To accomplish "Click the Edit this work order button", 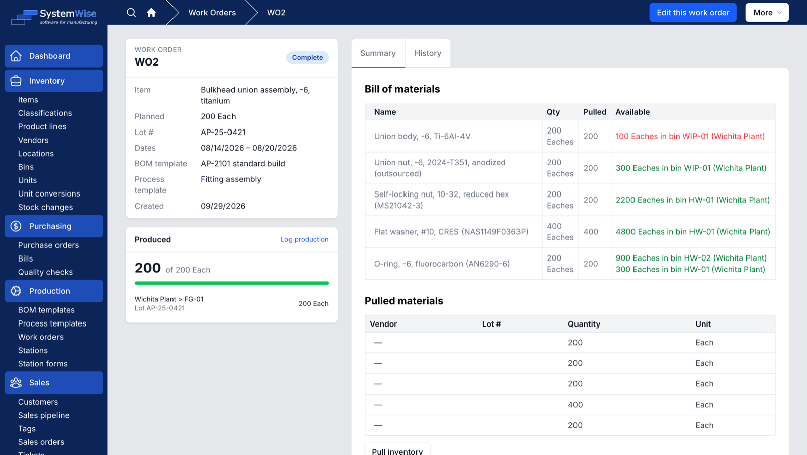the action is [x=693, y=13].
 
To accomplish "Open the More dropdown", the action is [x=767, y=13].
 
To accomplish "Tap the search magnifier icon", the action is [x=131, y=13].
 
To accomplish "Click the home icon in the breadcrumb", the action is [x=151, y=13].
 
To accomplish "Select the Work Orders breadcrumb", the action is [x=212, y=13].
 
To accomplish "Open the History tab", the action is [x=428, y=53].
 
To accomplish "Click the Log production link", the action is [x=305, y=239].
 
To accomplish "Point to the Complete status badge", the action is [x=307, y=57].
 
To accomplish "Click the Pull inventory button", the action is [x=397, y=450].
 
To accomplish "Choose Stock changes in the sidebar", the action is [x=45, y=207].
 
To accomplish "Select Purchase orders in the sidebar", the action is [x=48, y=245].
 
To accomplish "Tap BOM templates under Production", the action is [x=46, y=310].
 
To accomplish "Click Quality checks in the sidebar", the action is [x=45, y=272].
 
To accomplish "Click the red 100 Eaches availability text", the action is [x=690, y=136].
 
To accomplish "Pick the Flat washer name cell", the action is [x=451, y=231].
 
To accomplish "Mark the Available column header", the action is [x=632, y=112].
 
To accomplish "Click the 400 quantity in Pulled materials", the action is [x=575, y=405].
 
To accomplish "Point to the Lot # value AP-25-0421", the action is [x=223, y=132].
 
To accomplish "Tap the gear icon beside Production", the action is [x=16, y=291].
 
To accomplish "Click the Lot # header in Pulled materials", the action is [x=491, y=324].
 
